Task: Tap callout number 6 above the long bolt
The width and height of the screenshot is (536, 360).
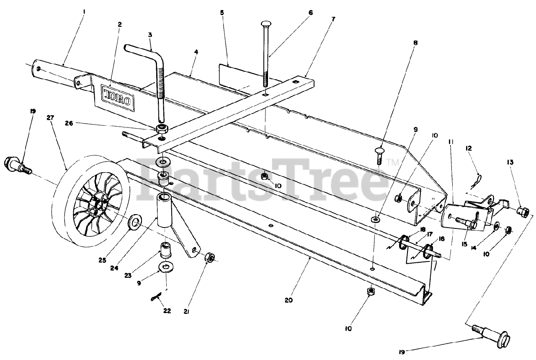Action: coord(310,13)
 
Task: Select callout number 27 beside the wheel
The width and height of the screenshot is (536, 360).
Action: coord(51,119)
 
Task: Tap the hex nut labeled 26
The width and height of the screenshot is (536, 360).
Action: coord(162,129)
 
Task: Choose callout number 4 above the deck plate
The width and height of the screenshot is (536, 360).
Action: coord(196,52)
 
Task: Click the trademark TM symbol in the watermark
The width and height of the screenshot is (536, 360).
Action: coord(392,161)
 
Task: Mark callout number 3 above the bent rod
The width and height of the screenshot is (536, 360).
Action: coord(150,35)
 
